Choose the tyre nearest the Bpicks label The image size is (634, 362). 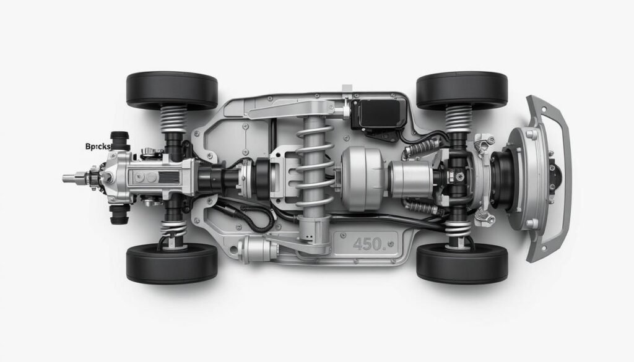pyautogui.click(x=172, y=90)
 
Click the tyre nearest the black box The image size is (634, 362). pyautogui.click(x=462, y=90)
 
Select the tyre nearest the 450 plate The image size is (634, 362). pyautogui.click(x=462, y=262)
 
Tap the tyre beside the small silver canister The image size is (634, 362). pyautogui.click(x=172, y=262)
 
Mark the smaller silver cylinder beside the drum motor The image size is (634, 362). pyautogui.click(x=410, y=178)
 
